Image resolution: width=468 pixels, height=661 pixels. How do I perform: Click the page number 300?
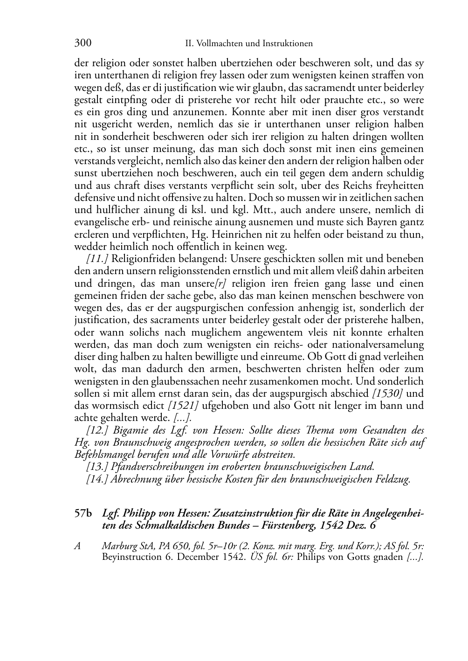coord(83,43)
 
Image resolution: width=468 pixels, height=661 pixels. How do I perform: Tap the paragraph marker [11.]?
coord(96,259)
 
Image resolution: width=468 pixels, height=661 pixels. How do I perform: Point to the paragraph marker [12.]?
coord(96,430)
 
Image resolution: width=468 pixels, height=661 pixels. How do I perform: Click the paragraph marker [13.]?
coord(96,467)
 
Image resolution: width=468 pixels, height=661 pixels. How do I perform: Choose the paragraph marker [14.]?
coord(96,479)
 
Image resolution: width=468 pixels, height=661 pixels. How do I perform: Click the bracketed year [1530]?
coord(388,393)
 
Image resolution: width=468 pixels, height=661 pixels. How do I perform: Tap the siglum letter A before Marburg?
coord(78,546)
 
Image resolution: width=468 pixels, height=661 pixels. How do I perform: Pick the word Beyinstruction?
coord(132,558)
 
